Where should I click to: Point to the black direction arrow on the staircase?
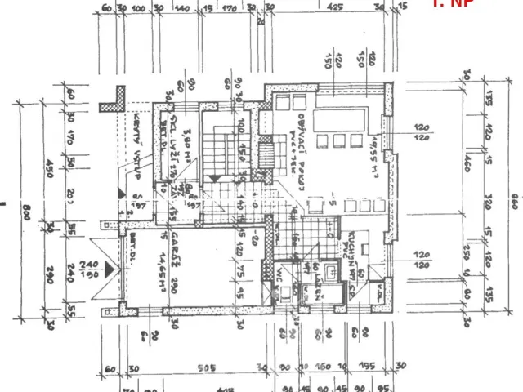coord(215,176)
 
